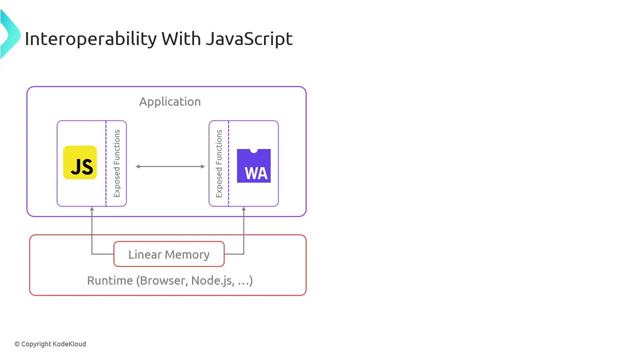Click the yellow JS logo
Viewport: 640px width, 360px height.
click(80, 162)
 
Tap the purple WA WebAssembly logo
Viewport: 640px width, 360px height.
click(253, 166)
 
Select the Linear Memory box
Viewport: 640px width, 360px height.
click(169, 254)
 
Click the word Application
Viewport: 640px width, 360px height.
click(170, 101)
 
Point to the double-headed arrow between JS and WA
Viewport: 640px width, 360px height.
click(170, 166)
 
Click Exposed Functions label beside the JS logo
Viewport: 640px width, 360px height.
click(117, 163)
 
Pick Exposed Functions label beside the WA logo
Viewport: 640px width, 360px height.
click(219, 163)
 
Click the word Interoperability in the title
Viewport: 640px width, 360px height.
click(90, 38)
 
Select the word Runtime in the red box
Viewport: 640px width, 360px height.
click(110, 280)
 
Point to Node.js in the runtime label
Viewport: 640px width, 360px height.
click(212, 280)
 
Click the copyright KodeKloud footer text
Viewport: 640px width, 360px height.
click(50, 344)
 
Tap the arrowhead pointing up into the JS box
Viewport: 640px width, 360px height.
click(92, 209)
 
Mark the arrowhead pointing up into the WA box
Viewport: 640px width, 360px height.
click(244, 209)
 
